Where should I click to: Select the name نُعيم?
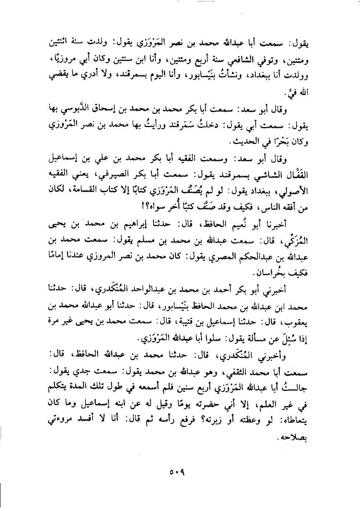(243, 223)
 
